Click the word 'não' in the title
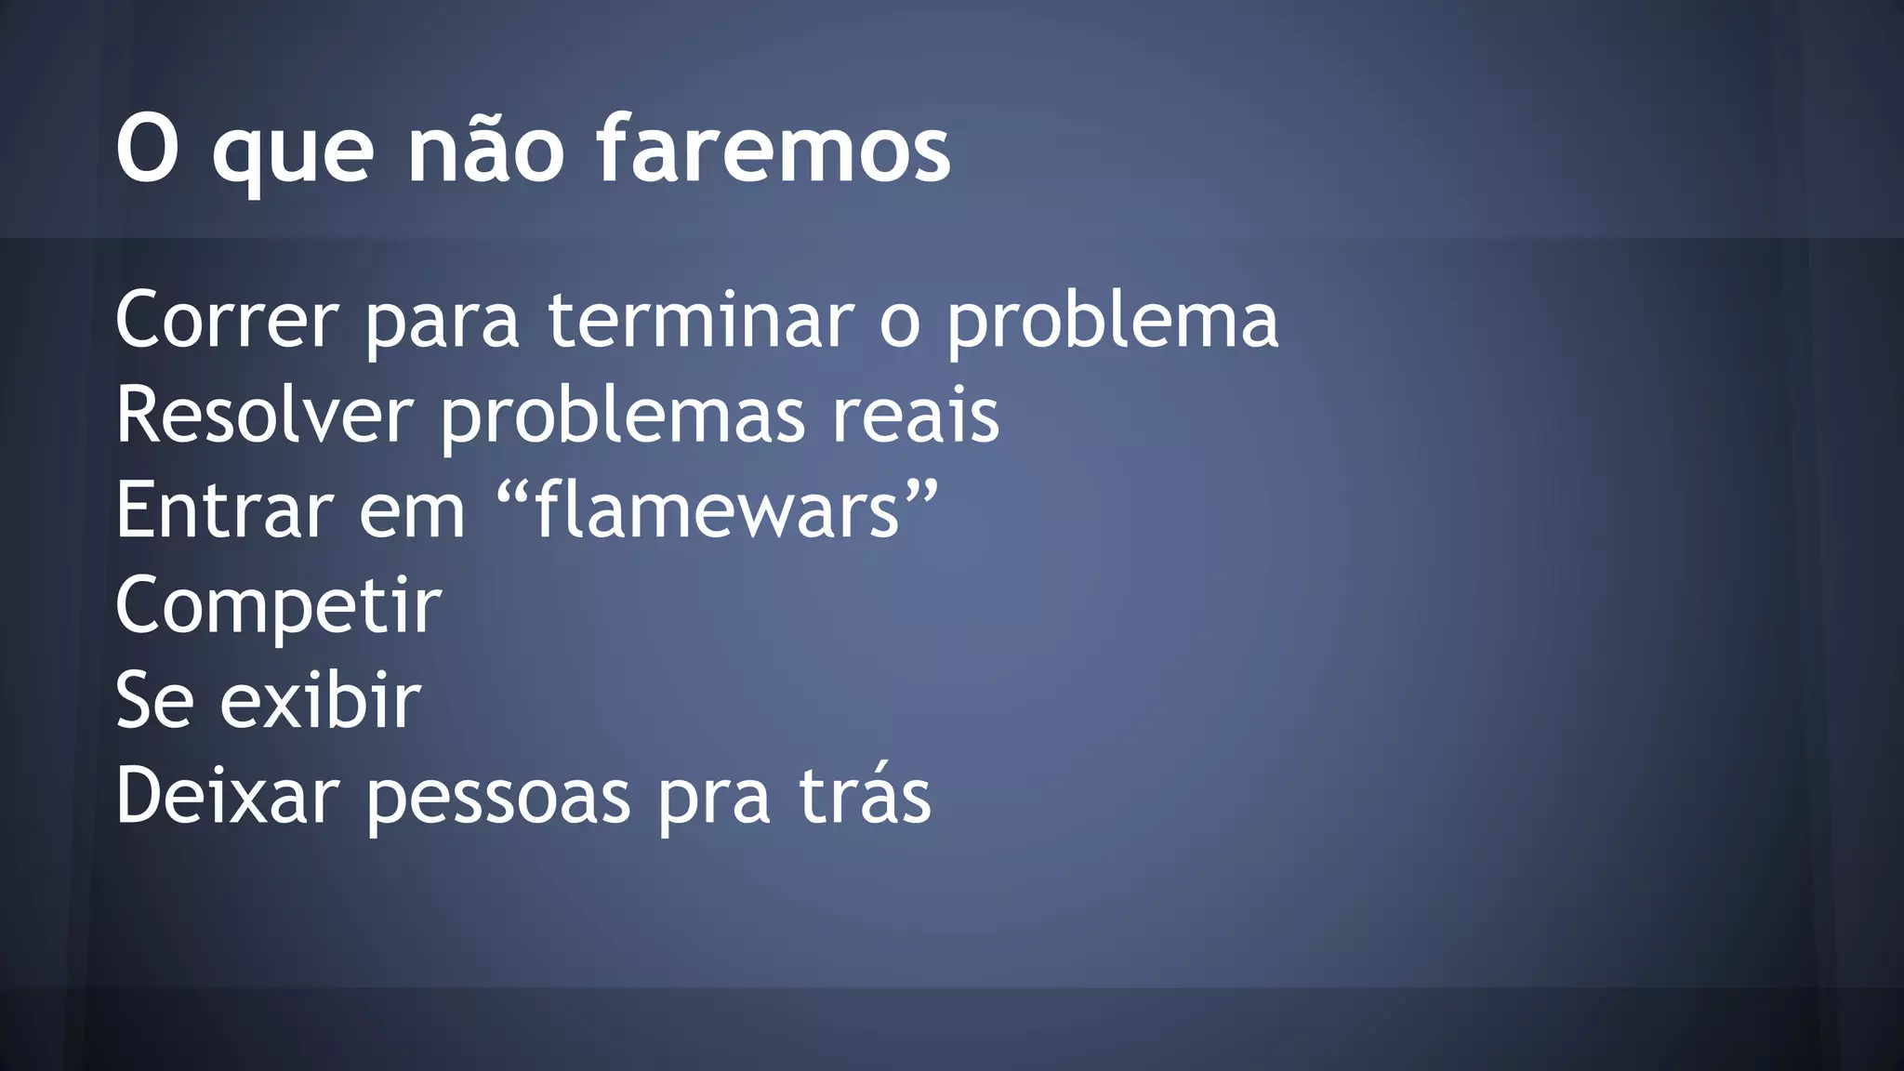point(485,149)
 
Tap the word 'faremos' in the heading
point(773,149)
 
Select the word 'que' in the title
point(293,153)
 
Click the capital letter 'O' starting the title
point(147,149)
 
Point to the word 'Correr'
point(227,321)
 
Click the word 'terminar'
point(701,321)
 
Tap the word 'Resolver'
point(264,416)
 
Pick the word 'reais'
point(915,416)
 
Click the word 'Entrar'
point(224,510)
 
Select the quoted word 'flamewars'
point(718,510)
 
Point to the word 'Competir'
point(278,607)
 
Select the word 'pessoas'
point(498,800)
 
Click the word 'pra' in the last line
point(714,800)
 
